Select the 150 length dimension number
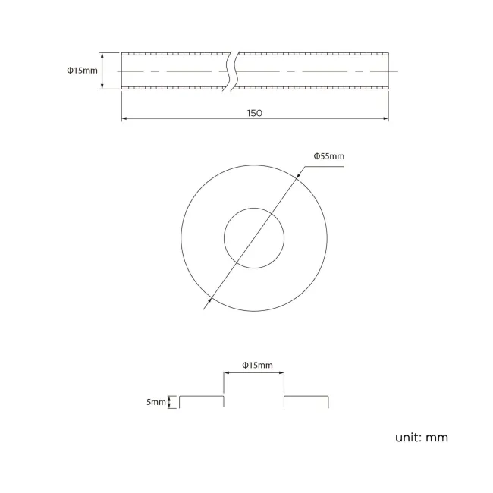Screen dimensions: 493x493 254,112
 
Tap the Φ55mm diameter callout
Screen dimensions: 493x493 329,156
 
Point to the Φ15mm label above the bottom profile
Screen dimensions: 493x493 257,365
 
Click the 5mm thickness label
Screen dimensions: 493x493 156,401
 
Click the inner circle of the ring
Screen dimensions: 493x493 254,237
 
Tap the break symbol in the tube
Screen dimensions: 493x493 233,71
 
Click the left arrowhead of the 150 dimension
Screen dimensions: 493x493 124,118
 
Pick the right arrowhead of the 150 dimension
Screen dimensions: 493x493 385,118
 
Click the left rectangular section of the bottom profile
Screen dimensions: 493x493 201,400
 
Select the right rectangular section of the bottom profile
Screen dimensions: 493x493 306,400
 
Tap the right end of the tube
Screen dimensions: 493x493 387,71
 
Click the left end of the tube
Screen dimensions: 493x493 122,71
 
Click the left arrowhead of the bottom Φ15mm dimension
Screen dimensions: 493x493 226,372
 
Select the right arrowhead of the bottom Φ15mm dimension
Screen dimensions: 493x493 281,372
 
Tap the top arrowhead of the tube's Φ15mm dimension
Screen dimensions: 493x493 102,55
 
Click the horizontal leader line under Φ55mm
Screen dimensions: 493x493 319,163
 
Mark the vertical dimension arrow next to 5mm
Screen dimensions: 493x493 171,401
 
